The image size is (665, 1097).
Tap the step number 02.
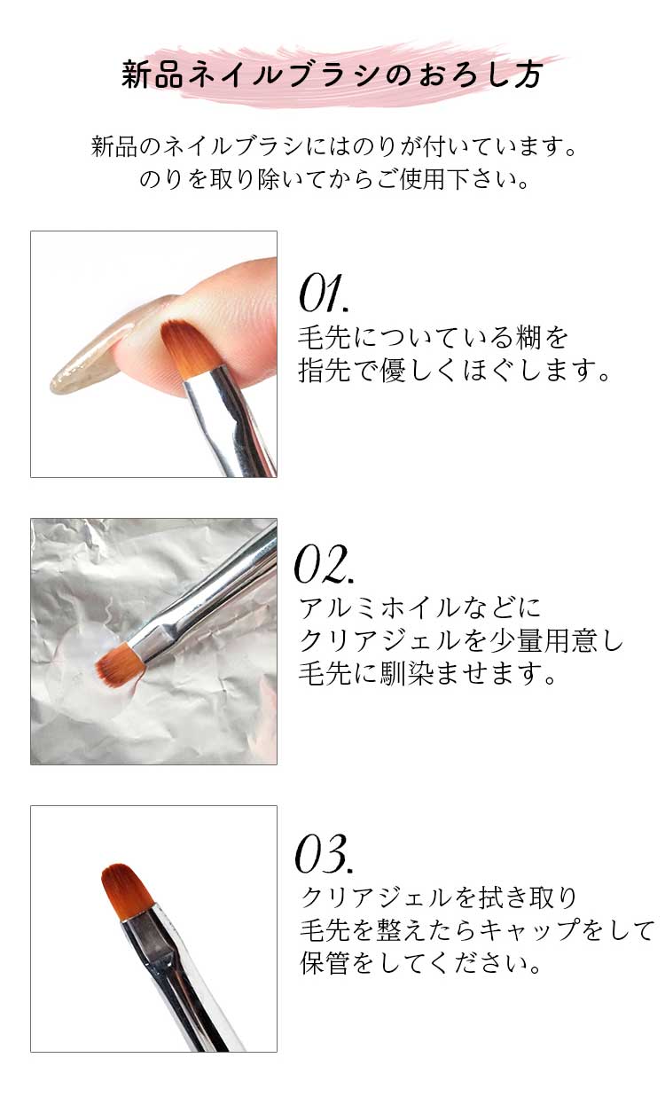click(325, 564)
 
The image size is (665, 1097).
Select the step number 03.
click(325, 853)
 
